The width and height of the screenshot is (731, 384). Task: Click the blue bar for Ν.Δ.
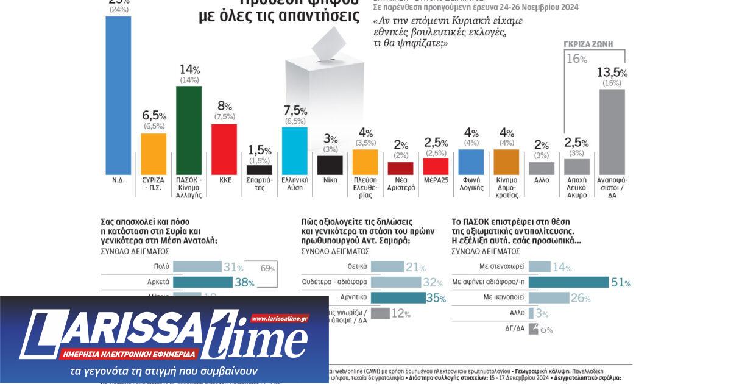point(118,95)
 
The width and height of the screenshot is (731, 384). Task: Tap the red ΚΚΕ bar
point(224,149)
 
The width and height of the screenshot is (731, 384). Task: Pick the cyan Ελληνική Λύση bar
point(295,151)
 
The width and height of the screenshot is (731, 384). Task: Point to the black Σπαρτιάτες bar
point(260,170)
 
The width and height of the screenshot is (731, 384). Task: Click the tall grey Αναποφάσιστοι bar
point(612,132)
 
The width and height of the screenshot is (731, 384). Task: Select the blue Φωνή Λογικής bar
point(471,162)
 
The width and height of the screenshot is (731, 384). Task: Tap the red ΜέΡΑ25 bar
point(436,166)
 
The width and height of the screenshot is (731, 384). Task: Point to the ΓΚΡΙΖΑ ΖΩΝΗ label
point(588,44)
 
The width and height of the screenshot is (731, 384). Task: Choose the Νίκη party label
point(330,180)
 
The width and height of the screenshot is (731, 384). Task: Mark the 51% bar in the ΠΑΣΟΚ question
point(568,282)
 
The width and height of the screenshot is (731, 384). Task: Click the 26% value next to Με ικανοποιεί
point(581,298)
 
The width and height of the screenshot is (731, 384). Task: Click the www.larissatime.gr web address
point(280,318)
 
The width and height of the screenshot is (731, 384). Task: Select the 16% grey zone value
point(576,59)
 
